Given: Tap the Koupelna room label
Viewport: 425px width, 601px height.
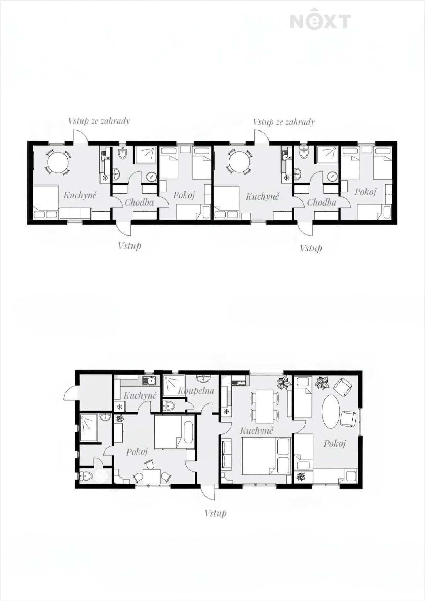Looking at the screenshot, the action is (x=196, y=391).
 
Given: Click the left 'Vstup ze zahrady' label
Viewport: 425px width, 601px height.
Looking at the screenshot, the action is (x=99, y=121).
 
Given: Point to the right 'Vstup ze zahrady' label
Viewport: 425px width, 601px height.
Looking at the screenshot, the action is (x=284, y=122).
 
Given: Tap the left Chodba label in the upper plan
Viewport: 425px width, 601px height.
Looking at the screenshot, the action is (x=139, y=202).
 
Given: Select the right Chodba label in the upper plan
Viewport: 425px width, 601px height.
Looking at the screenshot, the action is (x=322, y=202).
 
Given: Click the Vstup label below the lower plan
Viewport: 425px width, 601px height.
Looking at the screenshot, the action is (x=216, y=513).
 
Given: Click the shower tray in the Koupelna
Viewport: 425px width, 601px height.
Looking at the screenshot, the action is (x=174, y=385).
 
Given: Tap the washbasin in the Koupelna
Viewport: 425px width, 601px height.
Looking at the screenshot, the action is (x=203, y=378).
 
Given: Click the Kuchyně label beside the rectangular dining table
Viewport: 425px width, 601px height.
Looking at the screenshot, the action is (x=256, y=431).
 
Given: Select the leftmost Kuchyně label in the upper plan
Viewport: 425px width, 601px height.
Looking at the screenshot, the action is (x=80, y=195).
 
